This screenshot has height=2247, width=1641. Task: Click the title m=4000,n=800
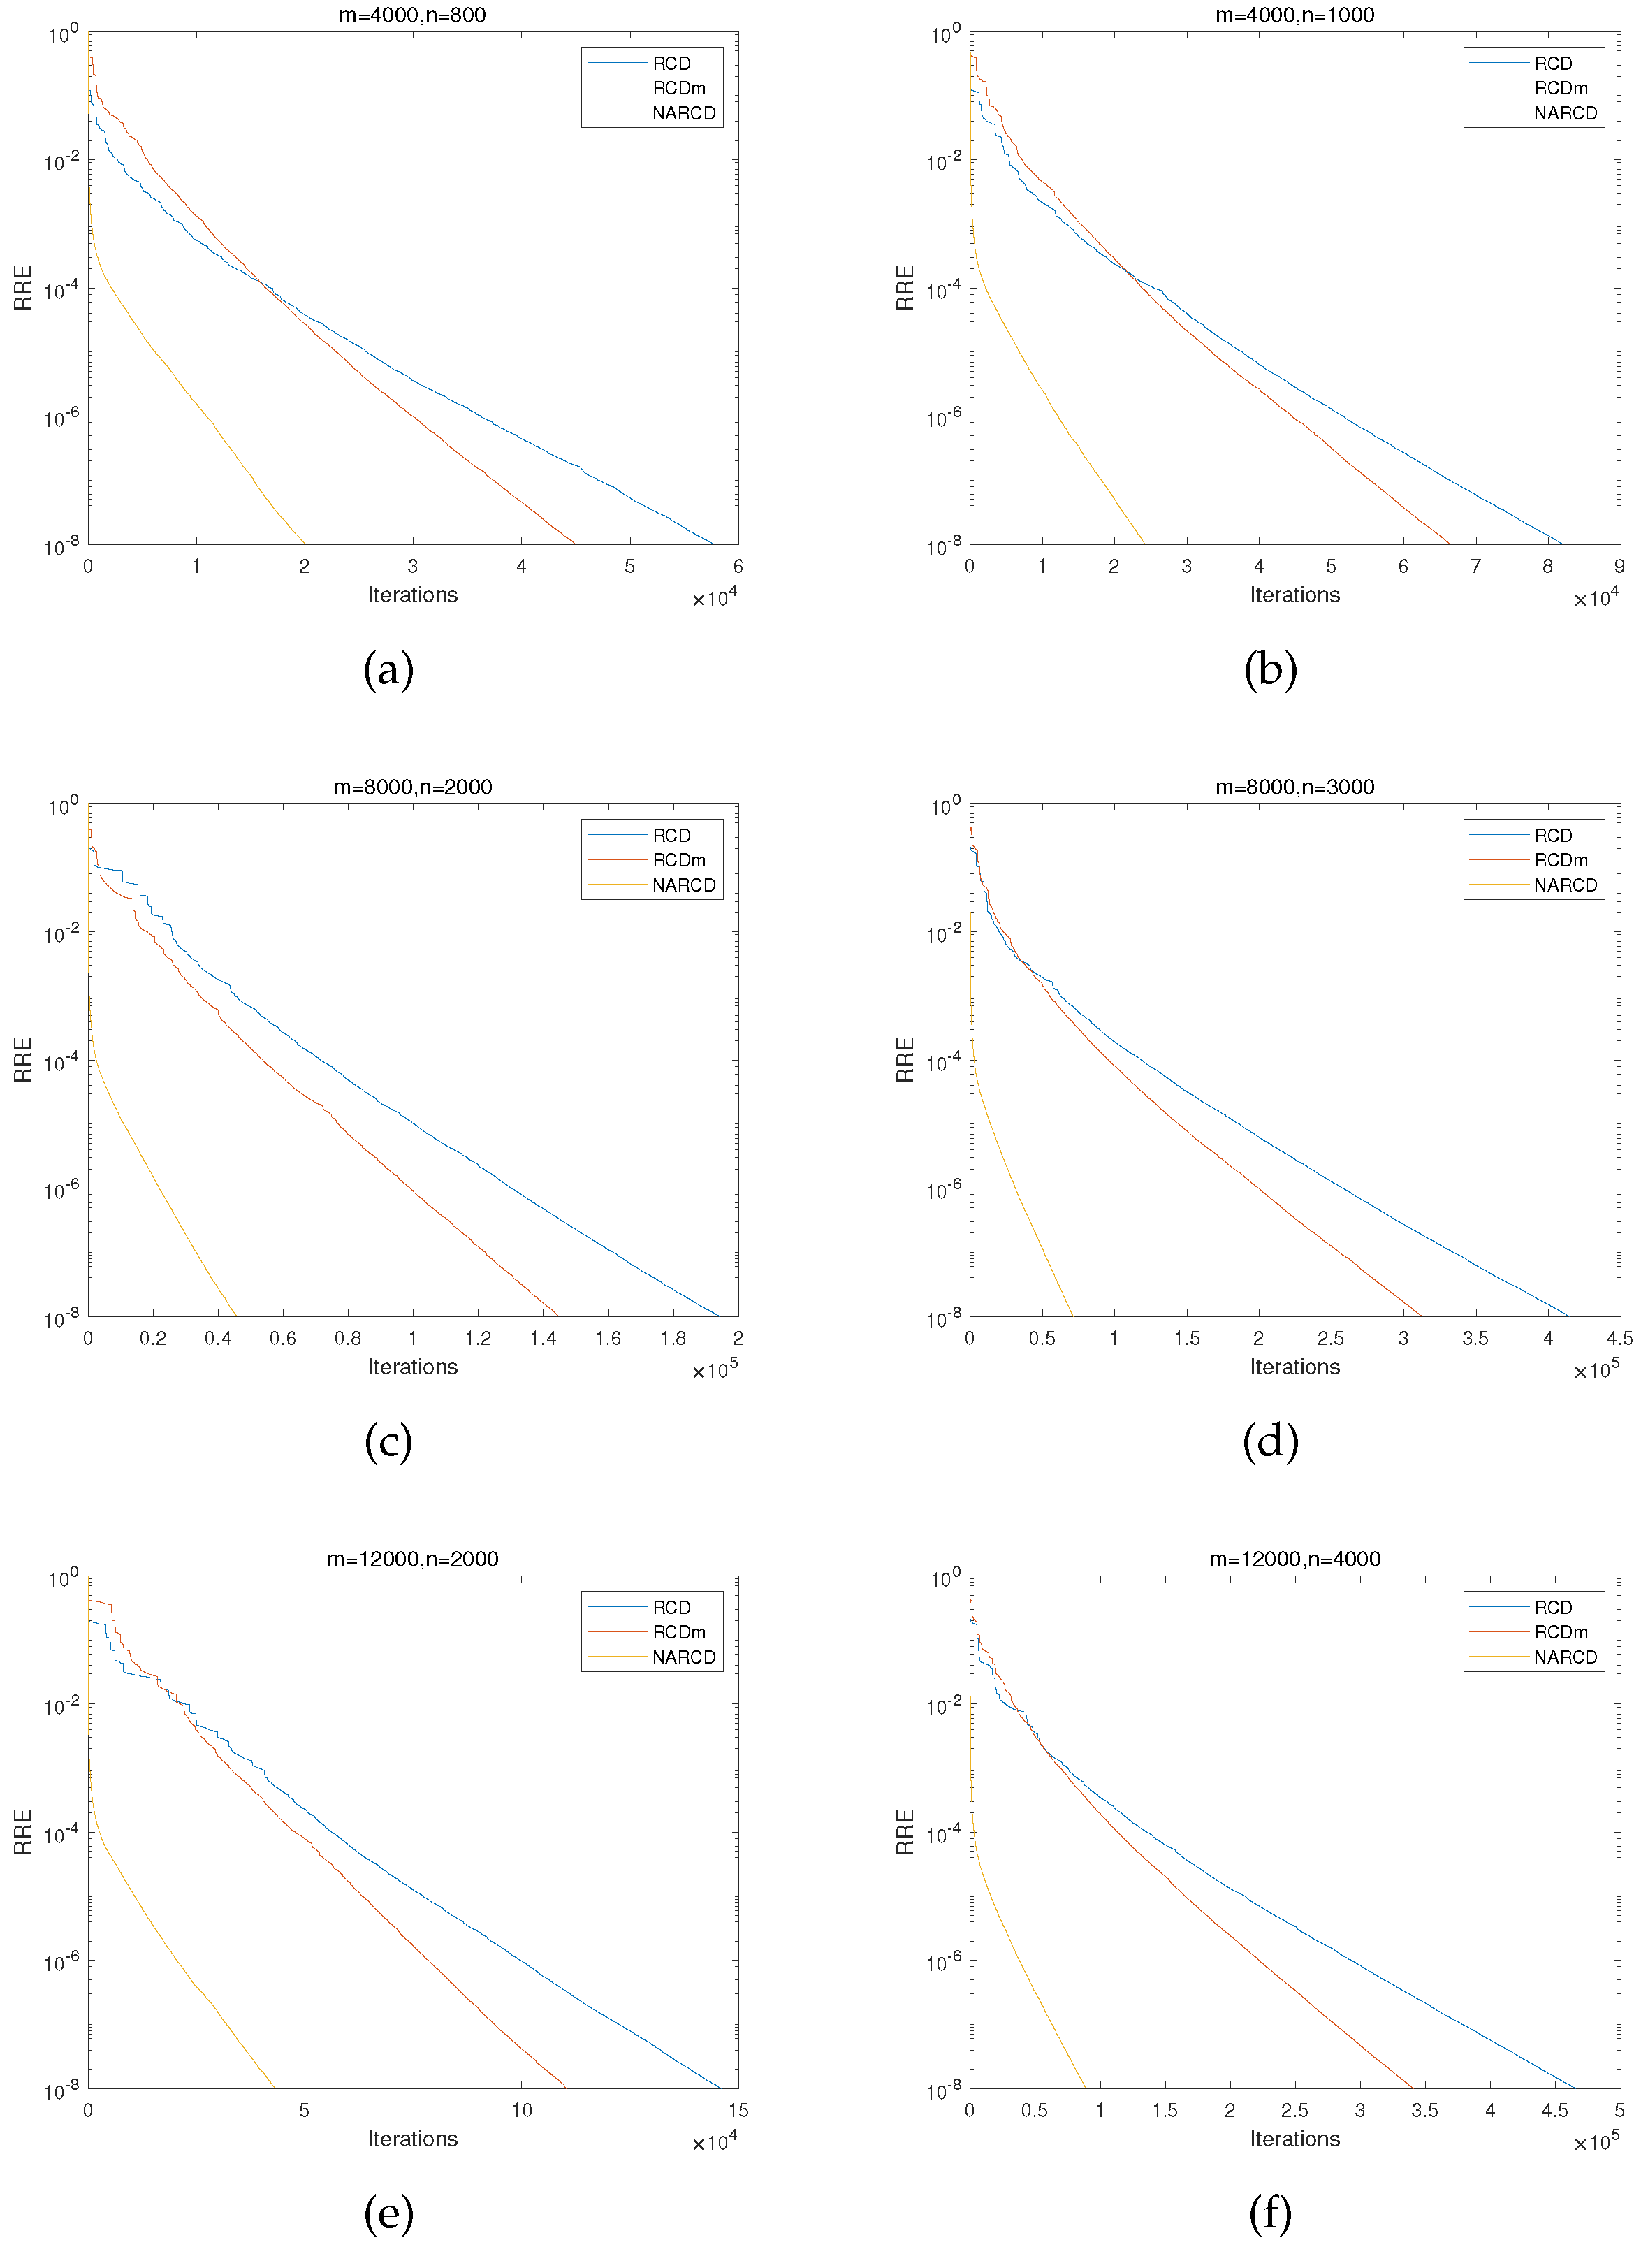tap(412, 15)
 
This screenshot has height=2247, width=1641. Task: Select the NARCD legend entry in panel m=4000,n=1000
tap(1566, 113)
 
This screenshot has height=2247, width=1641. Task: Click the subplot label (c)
tap(388, 1441)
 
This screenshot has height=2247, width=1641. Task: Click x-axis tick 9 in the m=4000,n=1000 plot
tap(1619, 566)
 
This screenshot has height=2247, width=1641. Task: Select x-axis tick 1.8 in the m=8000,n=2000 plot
tap(673, 1338)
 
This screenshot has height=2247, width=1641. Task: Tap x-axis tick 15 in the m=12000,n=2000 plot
tap(737, 2110)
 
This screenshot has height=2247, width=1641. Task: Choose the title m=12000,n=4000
tap(1294, 1559)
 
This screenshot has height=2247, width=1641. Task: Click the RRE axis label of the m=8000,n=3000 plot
tap(905, 1060)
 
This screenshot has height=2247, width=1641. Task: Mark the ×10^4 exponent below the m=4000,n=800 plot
tap(714, 598)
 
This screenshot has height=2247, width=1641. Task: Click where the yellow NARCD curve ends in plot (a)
tap(304, 544)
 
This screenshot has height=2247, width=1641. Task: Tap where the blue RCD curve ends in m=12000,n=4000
tap(1575, 2087)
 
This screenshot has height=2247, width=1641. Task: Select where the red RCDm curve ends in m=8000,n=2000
tap(558, 1315)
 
